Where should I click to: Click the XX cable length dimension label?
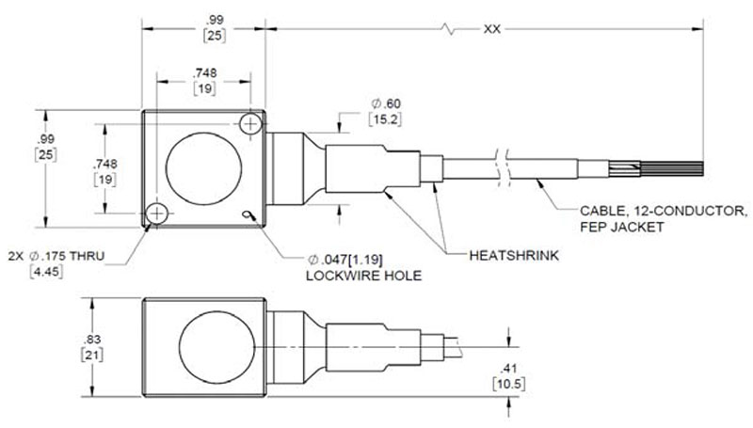tap(491, 29)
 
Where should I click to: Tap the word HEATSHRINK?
tap(514, 255)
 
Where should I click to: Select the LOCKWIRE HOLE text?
tap(363, 276)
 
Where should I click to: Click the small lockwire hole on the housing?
tap(248, 214)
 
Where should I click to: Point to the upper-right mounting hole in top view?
tap(250, 124)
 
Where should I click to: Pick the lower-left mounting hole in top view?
tap(156, 213)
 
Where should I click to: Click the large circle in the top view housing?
tap(203, 169)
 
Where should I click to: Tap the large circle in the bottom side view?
tap(216, 347)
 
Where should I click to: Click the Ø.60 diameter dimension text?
tap(386, 103)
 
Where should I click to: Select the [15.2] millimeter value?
tap(385, 119)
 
